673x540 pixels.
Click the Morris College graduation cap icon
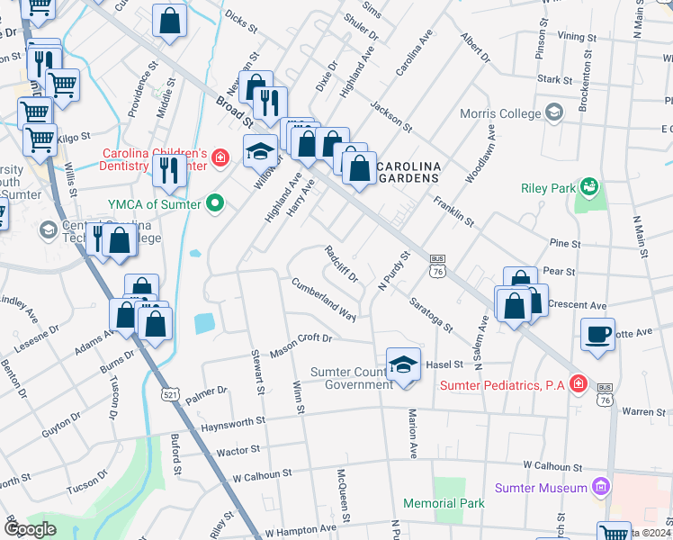[x=553, y=113]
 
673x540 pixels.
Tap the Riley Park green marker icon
[x=590, y=187]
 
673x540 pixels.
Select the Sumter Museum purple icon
[x=601, y=488]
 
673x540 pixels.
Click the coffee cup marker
[x=598, y=335]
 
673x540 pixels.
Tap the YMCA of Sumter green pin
[x=214, y=202]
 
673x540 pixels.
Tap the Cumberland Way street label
[x=322, y=299]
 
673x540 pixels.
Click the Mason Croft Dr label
[x=301, y=345]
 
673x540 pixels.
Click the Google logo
[x=30, y=529]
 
